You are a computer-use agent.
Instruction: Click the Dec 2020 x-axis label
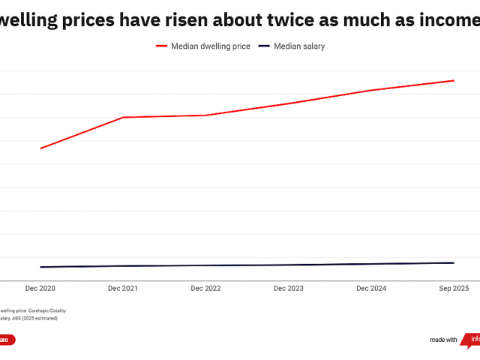[40, 288]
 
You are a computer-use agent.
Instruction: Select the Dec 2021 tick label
[123, 288]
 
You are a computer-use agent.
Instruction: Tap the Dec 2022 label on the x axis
[206, 288]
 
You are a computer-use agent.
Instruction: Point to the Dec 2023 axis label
[289, 288]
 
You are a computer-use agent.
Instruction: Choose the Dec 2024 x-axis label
[371, 288]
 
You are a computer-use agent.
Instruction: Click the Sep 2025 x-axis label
[454, 288]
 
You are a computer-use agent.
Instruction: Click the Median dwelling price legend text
[211, 46]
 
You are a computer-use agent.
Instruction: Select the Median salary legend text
[299, 46]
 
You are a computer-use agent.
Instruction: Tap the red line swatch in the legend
[161, 46]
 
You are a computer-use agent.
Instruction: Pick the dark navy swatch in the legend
[264, 46]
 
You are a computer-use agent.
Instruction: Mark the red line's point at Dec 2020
[40, 148]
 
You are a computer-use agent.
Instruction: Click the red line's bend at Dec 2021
[123, 117]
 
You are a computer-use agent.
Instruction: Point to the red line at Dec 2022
[206, 115]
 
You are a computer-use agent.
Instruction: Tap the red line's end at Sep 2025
[454, 80]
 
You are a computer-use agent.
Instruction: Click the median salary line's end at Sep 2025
[454, 262]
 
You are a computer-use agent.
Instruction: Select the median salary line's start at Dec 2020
[40, 267]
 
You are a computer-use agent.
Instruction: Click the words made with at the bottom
[443, 340]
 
